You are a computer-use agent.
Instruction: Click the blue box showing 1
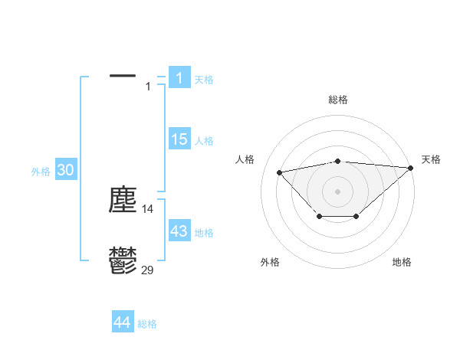[179, 78]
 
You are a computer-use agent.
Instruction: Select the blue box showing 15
[179, 139]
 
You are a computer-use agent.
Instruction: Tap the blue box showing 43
[179, 231]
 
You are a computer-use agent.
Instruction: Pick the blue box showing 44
[123, 323]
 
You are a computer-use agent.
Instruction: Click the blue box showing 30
[65, 171]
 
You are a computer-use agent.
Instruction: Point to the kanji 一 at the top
[123, 77]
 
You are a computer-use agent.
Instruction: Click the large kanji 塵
[123, 200]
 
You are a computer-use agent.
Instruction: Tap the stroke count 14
[148, 208]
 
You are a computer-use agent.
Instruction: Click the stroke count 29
[148, 270]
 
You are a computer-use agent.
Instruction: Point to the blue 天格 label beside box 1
[204, 80]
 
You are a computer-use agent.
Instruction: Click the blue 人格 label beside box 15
[204, 141]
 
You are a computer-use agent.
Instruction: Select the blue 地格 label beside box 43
[204, 233]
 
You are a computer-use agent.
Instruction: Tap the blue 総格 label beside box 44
[147, 325]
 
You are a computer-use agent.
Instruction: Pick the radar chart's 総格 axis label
[337, 100]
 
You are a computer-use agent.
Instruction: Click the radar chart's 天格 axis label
[431, 159]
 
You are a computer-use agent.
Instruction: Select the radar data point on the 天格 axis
[411, 168]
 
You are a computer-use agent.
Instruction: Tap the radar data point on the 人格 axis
[279, 172]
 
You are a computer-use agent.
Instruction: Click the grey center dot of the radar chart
[337, 191]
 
